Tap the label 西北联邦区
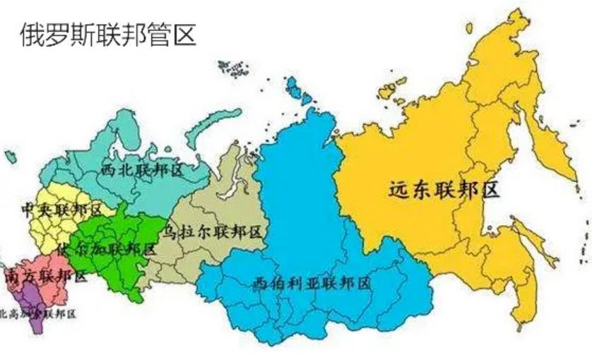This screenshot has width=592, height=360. pyautogui.click(x=141, y=170)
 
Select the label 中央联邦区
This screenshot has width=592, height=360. pyautogui.click(x=61, y=210)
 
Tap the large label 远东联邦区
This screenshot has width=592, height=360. pyautogui.click(x=444, y=189)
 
